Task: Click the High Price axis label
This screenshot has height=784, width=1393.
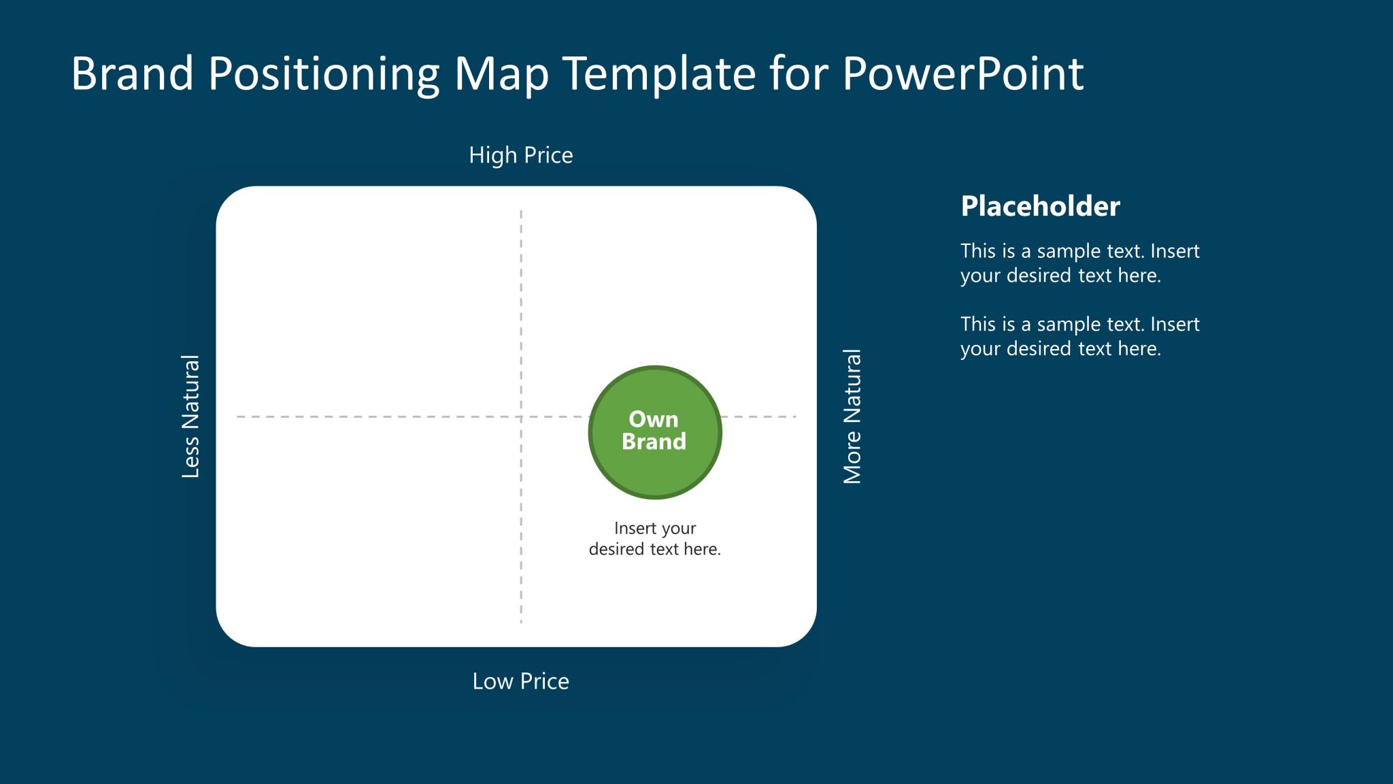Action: pos(520,155)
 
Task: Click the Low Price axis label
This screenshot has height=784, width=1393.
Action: pos(520,681)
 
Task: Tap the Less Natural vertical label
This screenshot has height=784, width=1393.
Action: pos(191,416)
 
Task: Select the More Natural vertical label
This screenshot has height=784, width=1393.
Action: pos(852,416)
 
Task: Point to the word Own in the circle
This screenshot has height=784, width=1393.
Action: pos(653,419)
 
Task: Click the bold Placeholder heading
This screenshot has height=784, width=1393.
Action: pos(1040,206)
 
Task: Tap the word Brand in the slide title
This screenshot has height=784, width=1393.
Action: pos(133,73)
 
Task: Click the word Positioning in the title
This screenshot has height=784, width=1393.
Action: pos(324,73)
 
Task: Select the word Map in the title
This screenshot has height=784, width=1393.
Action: pos(501,73)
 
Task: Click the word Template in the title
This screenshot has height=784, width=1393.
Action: pos(660,73)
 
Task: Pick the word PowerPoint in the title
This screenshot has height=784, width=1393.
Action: pos(962,73)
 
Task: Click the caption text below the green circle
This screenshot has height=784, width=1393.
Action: pos(654,538)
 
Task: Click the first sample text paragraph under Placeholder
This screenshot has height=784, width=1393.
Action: pos(1079,263)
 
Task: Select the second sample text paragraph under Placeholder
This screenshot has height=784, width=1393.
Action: pos(1079,336)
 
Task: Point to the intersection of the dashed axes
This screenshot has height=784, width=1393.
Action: pos(521,416)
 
